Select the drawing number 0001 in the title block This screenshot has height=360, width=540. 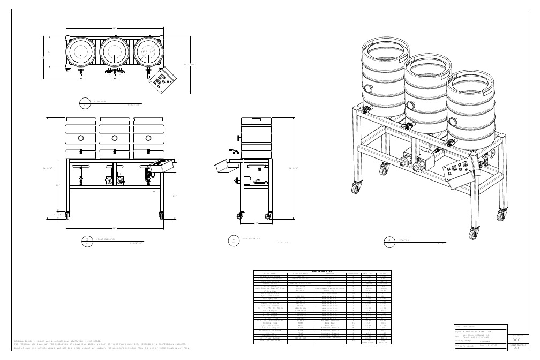click(x=517, y=340)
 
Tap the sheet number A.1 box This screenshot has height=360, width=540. click(x=517, y=348)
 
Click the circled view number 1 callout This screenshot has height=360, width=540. click(x=85, y=102)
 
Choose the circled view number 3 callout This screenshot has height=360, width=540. click(x=232, y=241)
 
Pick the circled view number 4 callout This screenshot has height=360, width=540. click(x=389, y=241)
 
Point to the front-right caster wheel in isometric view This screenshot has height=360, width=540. click(x=473, y=233)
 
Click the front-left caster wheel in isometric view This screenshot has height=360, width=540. click(x=354, y=188)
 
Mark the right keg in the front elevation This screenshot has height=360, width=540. click(x=147, y=137)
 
